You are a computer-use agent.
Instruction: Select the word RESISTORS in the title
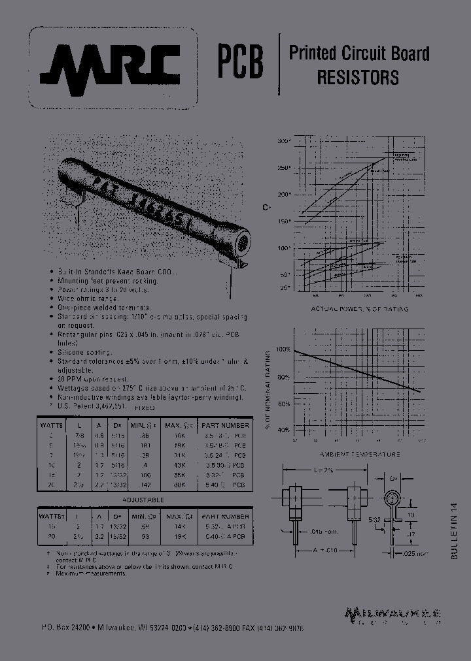coord(358,77)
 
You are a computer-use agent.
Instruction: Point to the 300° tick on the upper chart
coord(283,140)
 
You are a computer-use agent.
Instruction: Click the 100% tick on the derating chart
coord(282,349)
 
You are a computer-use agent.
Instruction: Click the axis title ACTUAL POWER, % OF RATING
coord(359,308)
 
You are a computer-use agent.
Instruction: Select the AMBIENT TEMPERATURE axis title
coord(360,453)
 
